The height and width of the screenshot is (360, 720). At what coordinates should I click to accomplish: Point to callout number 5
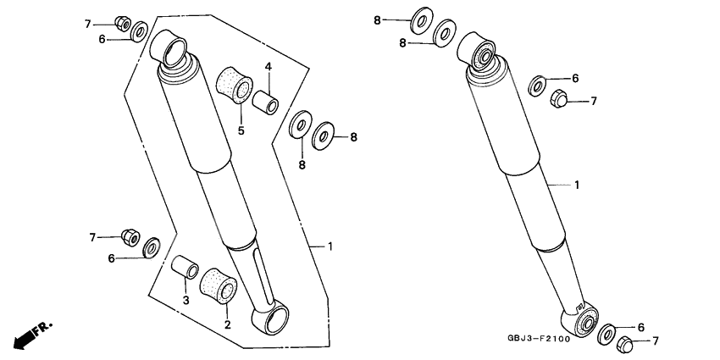coord(241,130)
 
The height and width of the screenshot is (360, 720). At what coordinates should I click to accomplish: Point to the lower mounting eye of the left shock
coord(270,318)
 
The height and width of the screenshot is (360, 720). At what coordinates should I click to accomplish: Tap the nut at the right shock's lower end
coord(625,344)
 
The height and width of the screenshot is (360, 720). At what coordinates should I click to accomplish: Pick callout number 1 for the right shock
coord(577,184)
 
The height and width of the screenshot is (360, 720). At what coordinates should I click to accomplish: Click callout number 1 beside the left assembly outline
coord(330,246)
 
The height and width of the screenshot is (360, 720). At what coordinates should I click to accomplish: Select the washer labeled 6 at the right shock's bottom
coord(606,333)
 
